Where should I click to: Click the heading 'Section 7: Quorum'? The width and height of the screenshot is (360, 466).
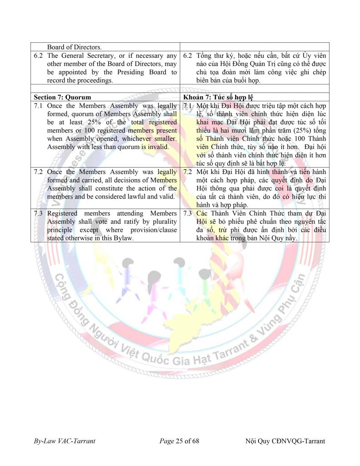pos(62,97)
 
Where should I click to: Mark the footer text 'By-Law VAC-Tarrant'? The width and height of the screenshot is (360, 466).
pos(64,441)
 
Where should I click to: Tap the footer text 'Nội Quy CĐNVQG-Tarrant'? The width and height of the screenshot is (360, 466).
pos(285,441)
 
